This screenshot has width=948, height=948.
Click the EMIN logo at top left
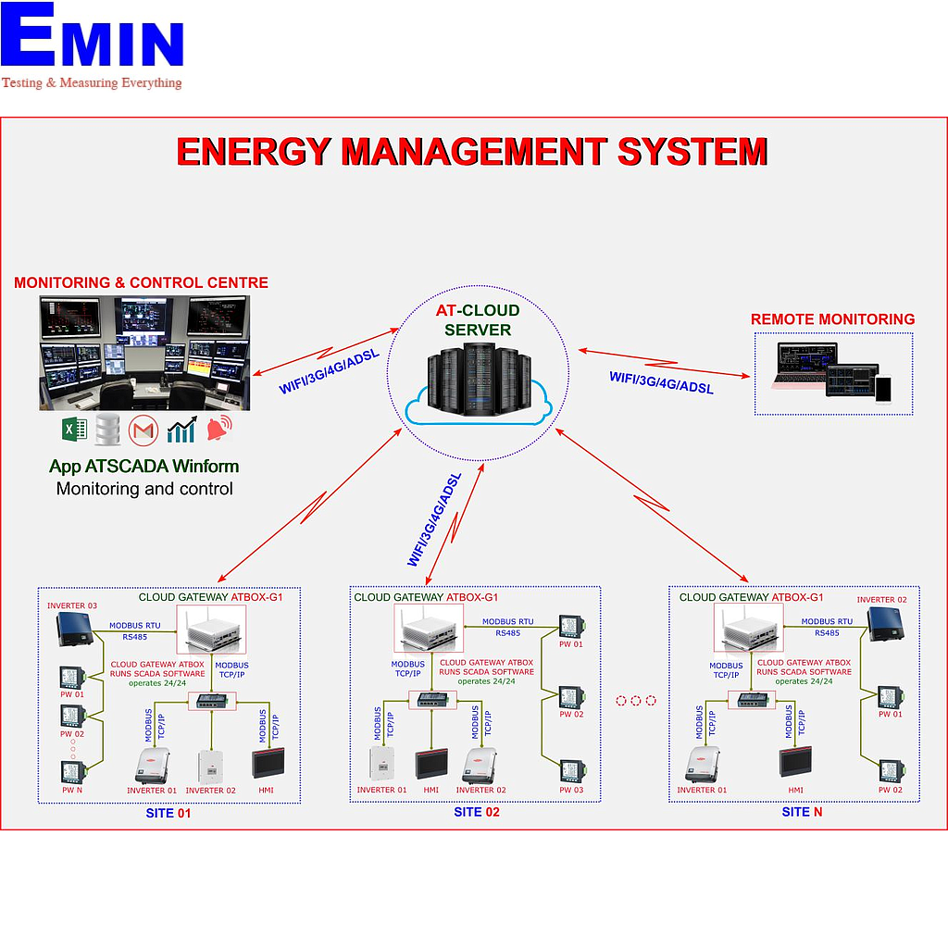93,46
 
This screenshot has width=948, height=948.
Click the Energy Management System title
472,152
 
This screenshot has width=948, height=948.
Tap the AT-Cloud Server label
478,320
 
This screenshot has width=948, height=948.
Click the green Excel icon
74,430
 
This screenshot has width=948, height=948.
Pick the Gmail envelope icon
143,430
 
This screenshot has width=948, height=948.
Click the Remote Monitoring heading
832,319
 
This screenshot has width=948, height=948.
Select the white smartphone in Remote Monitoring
883,389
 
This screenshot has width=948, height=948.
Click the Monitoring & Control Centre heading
141,283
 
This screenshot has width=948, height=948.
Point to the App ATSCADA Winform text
143,467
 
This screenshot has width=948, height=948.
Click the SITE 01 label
168,814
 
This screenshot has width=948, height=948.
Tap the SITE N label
802,812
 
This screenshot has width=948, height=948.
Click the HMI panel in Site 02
431,765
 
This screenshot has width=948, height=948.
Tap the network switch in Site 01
211,701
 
